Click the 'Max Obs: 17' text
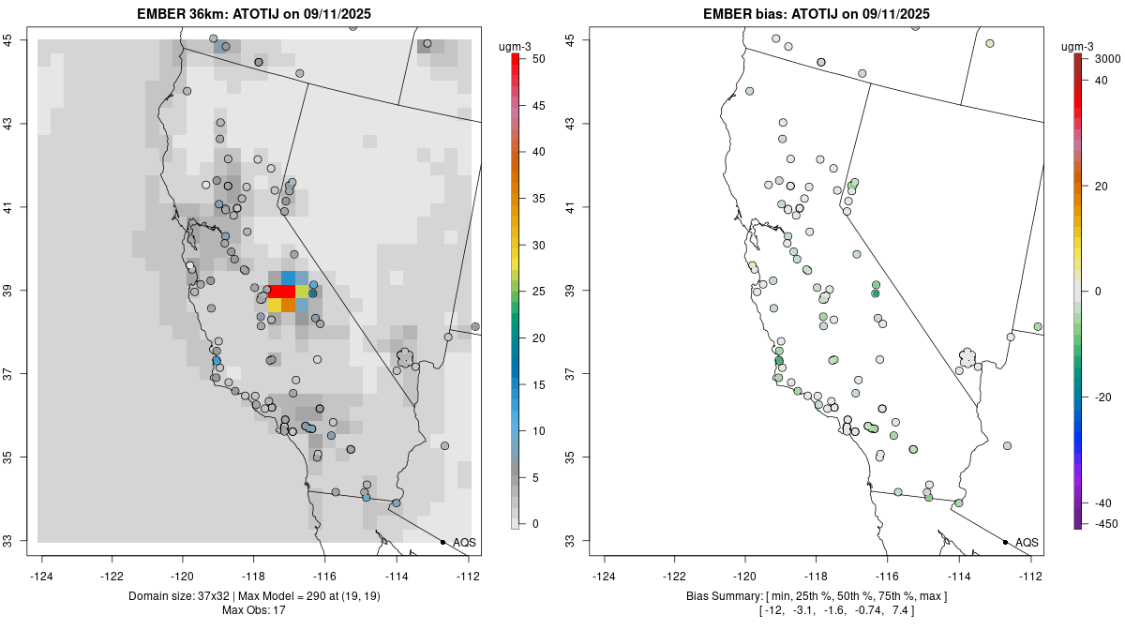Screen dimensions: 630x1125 [x=254, y=610]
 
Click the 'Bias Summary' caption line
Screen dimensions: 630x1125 [x=816, y=596]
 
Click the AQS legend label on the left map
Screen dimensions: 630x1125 [x=464, y=542]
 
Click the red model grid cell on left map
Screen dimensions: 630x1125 [x=281, y=291]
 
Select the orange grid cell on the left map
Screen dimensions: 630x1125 [x=288, y=305]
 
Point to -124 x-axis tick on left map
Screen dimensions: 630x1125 [x=41, y=575]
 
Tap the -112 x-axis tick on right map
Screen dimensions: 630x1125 [x=1030, y=575]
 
